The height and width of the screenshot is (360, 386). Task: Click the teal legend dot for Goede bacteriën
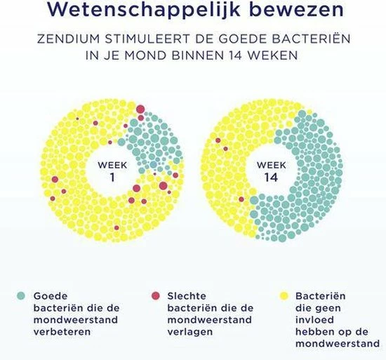(22, 295)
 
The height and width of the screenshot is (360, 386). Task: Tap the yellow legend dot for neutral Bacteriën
(284, 295)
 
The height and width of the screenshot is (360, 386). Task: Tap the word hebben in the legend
(313, 332)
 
